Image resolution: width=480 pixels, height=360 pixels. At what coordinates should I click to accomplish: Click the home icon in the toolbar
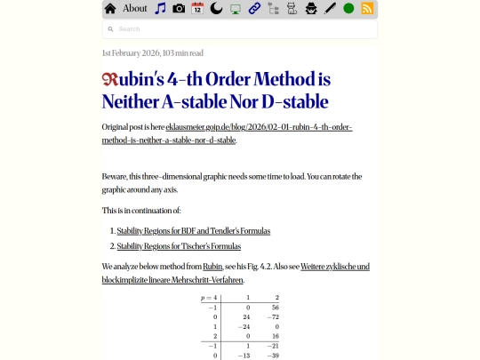pyautogui.click(x=110, y=9)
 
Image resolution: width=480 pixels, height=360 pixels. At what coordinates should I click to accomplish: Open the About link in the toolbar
pyautogui.click(x=135, y=9)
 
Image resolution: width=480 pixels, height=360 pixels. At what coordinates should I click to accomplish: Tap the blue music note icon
pyautogui.click(x=160, y=9)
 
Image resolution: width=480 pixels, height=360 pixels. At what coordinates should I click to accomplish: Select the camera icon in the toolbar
pyautogui.click(x=179, y=9)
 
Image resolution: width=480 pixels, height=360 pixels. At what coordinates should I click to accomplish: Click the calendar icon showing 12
pyautogui.click(x=197, y=9)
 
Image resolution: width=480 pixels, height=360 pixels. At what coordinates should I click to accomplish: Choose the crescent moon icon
pyautogui.click(x=216, y=9)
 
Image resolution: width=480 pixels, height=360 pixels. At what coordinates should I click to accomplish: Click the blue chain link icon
pyautogui.click(x=254, y=9)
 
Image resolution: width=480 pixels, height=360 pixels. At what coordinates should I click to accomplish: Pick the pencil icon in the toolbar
pyautogui.click(x=330, y=9)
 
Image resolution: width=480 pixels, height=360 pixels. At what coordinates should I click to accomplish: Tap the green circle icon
pyautogui.click(x=348, y=9)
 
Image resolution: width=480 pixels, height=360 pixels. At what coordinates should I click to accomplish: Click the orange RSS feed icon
pyautogui.click(x=367, y=9)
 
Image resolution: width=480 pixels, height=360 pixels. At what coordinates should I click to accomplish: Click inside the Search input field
pyautogui.click(x=240, y=29)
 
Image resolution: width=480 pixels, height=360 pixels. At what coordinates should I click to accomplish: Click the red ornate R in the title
pyautogui.click(x=109, y=79)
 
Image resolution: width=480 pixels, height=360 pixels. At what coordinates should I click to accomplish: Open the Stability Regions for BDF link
pyautogui.click(x=193, y=231)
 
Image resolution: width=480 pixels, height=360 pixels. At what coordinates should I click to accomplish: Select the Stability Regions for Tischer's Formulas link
pyautogui.click(x=179, y=246)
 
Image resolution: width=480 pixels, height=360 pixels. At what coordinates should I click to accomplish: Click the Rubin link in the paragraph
pyautogui.click(x=212, y=267)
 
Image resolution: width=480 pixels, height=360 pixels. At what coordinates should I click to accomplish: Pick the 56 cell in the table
pyautogui.click(x=276, y=307)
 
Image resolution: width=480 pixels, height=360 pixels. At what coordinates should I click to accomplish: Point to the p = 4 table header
pyautogui.click(x=209, y=297)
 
